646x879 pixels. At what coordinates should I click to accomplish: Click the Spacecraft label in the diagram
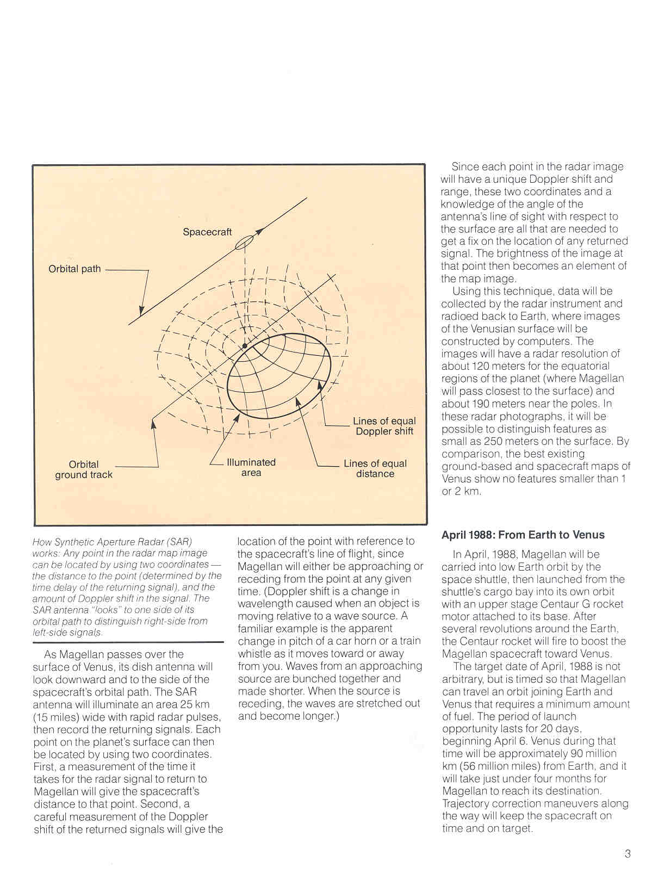tap(207, 232)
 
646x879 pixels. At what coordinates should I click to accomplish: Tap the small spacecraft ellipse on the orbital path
tap(245, 242)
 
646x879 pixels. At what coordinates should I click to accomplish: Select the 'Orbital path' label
tap(74, 269)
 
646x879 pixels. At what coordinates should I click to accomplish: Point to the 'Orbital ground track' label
tap(84, 469)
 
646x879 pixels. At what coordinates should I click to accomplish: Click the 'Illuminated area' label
tap(251, 467)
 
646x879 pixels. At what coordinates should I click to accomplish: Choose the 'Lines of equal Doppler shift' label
tap(384, 426)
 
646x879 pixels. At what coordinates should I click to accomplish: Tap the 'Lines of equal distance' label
tap(375, 468)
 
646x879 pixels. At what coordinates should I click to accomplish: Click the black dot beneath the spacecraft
tap(245, 346)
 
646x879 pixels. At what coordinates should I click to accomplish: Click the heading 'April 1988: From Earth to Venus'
tap(523, 535)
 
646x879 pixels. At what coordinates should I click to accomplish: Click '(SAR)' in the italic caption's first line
tap(179, 542)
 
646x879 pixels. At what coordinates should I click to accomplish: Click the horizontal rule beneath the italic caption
tap(128, 642)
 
